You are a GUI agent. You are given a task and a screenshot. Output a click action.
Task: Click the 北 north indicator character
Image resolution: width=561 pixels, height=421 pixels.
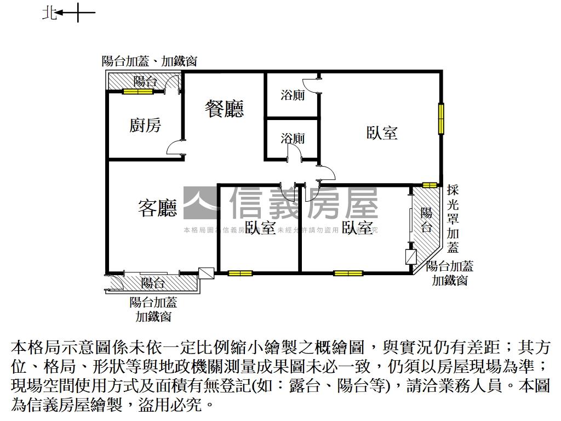tap(49, 13)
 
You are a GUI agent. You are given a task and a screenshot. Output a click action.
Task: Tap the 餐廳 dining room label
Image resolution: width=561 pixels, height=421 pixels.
tap(224, 109)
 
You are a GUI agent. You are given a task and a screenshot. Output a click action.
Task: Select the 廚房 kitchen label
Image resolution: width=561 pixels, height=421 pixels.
tap(145, 126)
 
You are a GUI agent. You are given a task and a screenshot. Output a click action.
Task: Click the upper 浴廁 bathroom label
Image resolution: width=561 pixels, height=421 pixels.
tap(293, 95)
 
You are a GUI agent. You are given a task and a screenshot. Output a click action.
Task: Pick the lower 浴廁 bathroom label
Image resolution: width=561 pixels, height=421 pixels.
tap(293, 139)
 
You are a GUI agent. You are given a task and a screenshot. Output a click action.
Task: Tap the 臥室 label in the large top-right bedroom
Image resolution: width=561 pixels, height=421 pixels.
tap(381, 133)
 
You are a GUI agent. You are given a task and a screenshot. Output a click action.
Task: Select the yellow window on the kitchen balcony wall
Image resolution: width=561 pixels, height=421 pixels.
tap(138, 92)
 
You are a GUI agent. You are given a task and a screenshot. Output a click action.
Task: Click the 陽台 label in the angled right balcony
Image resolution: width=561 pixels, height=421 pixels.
tap(426, 219)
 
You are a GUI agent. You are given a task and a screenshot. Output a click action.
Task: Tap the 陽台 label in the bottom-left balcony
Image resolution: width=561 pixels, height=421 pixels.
tap(153, 283)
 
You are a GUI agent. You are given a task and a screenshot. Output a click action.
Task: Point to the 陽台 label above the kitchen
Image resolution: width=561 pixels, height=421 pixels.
tap(145, 82)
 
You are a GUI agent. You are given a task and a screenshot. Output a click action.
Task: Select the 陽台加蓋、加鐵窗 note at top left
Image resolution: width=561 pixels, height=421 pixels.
tap(150, 61)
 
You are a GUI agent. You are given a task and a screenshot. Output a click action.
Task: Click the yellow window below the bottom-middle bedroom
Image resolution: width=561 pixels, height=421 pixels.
tap(240, 273)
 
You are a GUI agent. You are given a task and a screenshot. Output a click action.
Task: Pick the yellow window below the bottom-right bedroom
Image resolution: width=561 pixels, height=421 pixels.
tap(348, 273)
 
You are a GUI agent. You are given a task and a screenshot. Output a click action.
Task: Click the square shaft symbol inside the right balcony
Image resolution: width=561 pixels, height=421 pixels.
tap(411, 257)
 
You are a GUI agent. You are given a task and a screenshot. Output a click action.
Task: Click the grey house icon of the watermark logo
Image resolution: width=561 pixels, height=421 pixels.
tap(202, 203)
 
